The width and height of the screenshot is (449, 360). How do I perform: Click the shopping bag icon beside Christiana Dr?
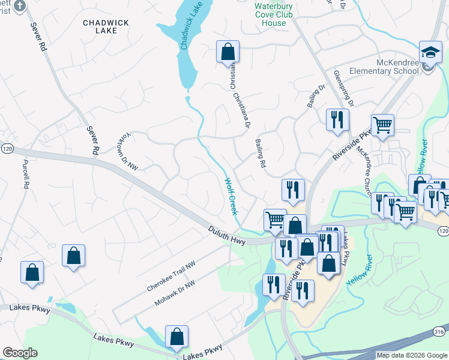click(228, 52)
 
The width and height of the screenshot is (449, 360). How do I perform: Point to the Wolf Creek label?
click(231, 197)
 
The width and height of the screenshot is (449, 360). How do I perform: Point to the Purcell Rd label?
click(26, 175)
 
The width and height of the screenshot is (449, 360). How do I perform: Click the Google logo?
click(20, 353)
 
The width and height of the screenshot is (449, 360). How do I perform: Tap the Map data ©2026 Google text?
click(412, 355)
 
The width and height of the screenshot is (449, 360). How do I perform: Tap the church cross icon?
click(19, 6)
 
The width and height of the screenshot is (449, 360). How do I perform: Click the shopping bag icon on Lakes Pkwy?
click(177, 337)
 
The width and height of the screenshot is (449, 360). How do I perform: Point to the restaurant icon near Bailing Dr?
click(337, 119)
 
